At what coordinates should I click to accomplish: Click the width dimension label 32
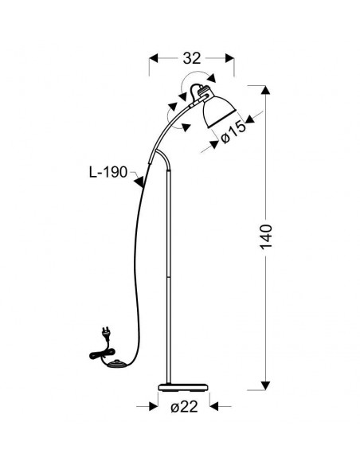192,58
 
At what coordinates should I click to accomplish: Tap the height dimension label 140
266,236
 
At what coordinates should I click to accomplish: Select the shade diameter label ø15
233,132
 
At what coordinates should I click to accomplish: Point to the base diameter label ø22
184,407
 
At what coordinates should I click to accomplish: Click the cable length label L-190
108,172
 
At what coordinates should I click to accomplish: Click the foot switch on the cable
115,364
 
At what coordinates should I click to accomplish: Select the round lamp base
182,387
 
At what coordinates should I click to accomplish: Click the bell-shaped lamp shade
219,111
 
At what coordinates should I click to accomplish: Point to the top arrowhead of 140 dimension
266,90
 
